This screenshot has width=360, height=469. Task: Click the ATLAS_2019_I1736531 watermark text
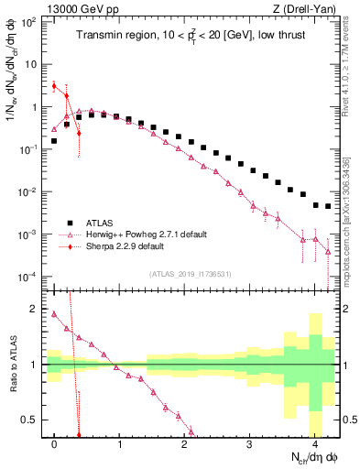coord(191,275)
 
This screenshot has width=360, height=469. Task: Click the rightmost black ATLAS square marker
coord(327,206)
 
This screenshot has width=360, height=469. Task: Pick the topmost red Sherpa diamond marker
coord(54,86)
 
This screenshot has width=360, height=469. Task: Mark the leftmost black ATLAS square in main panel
coord(54,141)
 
